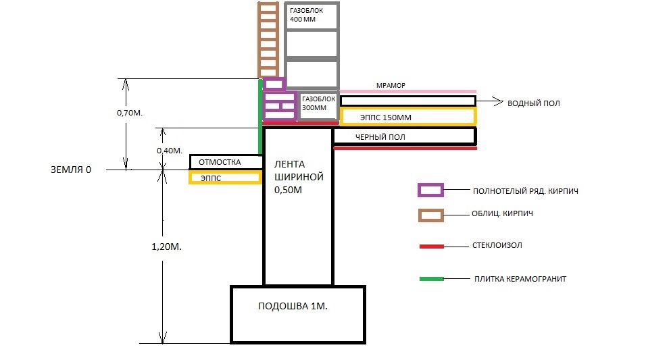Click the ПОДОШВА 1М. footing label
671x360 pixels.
click(x=293, y=306)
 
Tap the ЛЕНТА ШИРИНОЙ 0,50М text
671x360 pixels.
click(x=299, y=177)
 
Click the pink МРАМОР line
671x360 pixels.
click(x=408, y=91)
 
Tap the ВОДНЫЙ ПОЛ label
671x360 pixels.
click(x=534, y=103)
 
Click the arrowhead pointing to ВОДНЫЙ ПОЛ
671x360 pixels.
click(x=499, y=101)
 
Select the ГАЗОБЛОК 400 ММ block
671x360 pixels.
click(x=312, y=16)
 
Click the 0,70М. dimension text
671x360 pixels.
click(x=130, y=113)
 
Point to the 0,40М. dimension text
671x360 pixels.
click(x=170, y=151)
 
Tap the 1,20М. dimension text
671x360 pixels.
click(x=166, y=247)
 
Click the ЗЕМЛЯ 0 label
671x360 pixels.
click(x=71, y=170)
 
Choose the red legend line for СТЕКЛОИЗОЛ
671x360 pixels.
click(x=431, y=247)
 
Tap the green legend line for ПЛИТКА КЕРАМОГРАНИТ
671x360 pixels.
click(x=431, y=279)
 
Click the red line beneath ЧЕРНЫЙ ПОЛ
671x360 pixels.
click(x=405, y=148)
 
